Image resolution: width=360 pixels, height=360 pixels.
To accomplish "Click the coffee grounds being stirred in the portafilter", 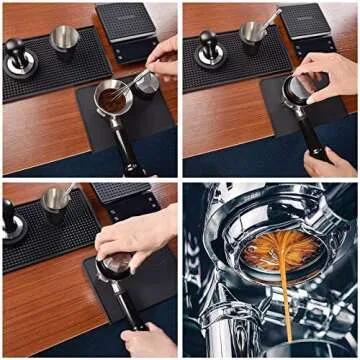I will click(112, 99).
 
